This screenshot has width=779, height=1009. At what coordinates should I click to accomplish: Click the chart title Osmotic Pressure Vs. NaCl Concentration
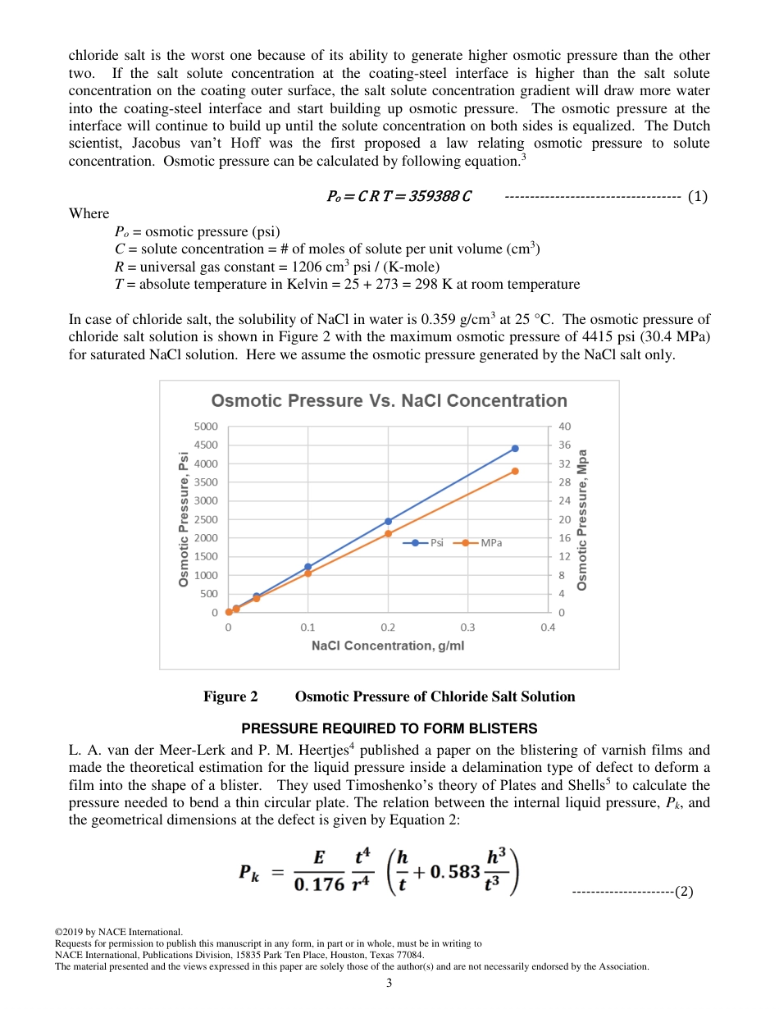tap(389, 400)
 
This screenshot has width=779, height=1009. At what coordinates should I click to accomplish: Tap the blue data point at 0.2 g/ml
tap(388, 521)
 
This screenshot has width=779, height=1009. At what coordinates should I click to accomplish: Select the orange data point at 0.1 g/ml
tap(308, 573)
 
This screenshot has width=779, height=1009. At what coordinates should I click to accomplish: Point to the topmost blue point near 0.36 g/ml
tap(515, 448)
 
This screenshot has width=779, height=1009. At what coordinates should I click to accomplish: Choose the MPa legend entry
tap(483, 543)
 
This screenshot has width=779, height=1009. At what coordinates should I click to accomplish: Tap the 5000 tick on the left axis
tap(206, 427)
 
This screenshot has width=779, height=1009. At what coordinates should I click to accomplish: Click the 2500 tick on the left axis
tap(206, 519)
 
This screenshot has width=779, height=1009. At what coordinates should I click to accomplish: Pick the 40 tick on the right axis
tap(564, 427)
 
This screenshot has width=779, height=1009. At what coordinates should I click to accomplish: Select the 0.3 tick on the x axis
tap(468, 628)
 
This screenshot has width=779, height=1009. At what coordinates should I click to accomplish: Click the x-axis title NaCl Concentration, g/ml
tap(388, 646)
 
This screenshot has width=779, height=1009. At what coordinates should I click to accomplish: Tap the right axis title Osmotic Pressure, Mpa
tap(582, 519)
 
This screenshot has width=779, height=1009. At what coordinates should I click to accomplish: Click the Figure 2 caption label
tap(230, 696)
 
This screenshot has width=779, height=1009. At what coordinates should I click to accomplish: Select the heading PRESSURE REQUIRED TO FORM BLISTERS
tap(389, 728)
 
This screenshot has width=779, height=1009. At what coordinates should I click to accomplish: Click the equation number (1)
tap(698, 196)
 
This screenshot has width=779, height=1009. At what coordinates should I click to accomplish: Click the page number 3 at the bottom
tap(389, 983)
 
